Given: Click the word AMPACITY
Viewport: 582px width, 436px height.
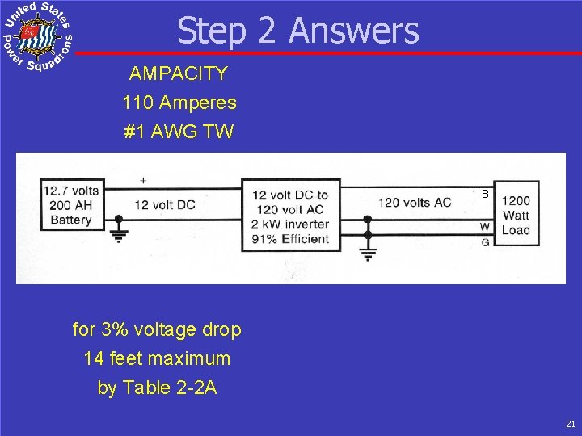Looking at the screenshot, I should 179,74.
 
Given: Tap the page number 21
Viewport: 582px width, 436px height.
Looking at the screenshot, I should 571,423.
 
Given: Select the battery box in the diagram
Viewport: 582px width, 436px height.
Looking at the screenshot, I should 71,205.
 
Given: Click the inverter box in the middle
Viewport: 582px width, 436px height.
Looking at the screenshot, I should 290,216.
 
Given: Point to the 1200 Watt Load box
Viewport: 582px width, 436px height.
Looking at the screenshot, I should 516,215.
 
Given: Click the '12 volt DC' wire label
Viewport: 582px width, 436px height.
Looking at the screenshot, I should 165,205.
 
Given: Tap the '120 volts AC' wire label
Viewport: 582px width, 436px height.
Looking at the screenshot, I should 415,202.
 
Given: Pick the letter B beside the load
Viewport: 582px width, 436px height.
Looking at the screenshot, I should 485,195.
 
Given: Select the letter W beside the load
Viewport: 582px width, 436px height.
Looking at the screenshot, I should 485,227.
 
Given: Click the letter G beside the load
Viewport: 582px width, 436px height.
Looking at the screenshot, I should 485,241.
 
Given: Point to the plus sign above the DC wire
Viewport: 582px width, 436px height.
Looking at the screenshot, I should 143,180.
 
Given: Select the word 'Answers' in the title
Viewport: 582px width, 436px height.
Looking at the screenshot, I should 353,31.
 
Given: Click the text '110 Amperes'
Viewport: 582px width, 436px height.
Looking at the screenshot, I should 179,103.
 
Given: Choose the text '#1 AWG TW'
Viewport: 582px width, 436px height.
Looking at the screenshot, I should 179,132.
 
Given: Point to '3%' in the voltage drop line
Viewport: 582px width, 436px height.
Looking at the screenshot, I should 113,329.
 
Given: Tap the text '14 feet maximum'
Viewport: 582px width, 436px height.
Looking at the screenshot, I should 157,358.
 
